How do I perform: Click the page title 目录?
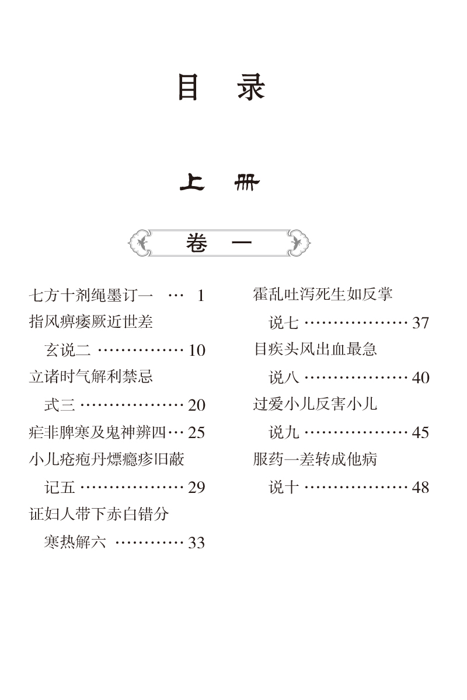click(221, 89)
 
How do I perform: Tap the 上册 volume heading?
click(219, 184)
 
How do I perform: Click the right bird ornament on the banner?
click(298, 242)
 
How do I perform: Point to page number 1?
click(201, 296)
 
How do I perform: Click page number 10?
click(197, 351)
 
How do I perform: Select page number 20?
click(197, 405)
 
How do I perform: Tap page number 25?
click(197, 433)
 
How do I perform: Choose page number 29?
click(197, 488)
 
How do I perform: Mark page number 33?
click(197, 543)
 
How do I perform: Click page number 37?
click(420, 323)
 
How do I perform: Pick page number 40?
click(420, 378)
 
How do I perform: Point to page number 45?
click(420, 433)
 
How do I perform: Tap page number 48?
click(420, 488)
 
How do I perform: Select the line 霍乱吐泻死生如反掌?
click(323, 294)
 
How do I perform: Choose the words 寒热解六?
click(75, 542)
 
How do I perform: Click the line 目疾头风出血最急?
click(315, 349)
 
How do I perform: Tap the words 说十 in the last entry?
click(284, 488)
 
